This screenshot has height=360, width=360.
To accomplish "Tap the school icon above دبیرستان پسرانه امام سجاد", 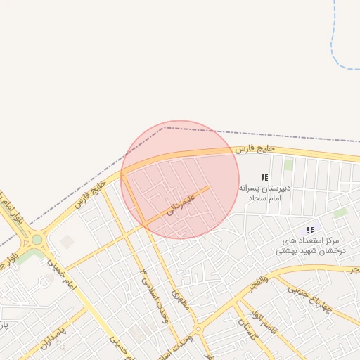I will (264, 178).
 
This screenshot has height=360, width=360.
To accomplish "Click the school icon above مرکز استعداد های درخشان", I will (310, 230).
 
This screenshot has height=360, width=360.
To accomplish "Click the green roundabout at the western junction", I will (37, 240).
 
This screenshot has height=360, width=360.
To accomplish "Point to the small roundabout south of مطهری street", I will (199, 329).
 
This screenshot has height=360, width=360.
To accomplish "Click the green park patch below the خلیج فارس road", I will (288, 165).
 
